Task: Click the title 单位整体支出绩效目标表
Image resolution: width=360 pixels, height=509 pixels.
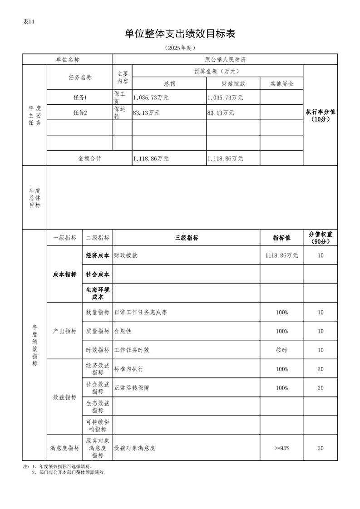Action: click(180, 34)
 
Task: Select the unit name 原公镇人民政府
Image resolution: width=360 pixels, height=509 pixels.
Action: click(225, 59)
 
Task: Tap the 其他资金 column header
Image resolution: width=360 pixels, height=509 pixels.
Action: click(281, 84)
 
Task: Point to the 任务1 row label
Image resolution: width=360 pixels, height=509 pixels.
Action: click(80, 98)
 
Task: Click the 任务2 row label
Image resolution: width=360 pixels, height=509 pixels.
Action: click(80, 113)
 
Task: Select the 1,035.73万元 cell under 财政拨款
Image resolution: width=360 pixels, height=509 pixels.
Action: click(225, 98)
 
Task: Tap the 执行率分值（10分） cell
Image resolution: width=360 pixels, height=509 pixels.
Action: click(321, 116)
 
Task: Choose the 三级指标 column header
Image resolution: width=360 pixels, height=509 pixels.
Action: click(187, 238)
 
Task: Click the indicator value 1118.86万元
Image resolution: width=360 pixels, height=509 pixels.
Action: click(281, 255)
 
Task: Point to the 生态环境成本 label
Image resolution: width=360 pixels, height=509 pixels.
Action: click(98, 293)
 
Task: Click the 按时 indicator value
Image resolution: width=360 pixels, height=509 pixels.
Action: click(281, 350)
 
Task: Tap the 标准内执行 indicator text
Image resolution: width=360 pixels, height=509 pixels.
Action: click(129, 369)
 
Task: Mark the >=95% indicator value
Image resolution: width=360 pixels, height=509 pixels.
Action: click(281, 448)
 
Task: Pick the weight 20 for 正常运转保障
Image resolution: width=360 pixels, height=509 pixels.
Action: click(321, 388)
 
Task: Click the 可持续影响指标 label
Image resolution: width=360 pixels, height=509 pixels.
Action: click(98, 426)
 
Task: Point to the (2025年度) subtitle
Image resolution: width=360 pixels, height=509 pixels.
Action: click(180, 48)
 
